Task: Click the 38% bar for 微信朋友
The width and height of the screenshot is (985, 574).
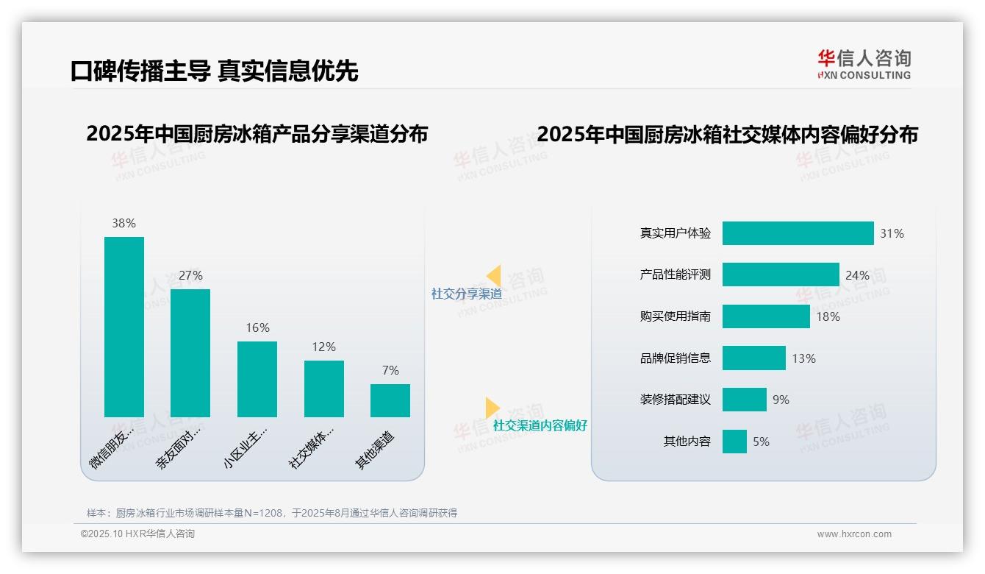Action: pos(124,327)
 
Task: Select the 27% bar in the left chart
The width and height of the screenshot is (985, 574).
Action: pos(190,353)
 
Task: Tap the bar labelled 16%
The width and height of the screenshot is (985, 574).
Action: pos(257,379)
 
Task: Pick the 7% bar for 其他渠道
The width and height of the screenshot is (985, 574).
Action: pos(390,400)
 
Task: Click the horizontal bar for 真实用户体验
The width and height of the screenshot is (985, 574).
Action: pos(798,233)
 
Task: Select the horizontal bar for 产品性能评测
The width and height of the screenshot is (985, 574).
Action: pos(781,274)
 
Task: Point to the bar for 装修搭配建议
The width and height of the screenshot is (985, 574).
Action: pos(744,400)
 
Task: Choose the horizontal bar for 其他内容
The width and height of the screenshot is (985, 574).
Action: pos(734,442)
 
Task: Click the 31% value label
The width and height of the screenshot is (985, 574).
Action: pos(892,233)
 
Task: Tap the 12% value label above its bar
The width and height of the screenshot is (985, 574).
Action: pos(323,347)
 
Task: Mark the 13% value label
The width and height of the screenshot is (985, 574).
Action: pos(803,358)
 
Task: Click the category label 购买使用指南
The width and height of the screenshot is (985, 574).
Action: pos(675,316)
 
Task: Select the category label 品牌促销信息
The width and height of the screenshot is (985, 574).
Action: pos(675,358)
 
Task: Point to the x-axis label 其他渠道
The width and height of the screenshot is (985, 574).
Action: pos(375,450)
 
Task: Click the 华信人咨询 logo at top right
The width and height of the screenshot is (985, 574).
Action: pos(864,65)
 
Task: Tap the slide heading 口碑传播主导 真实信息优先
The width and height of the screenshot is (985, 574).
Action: pos(214,71)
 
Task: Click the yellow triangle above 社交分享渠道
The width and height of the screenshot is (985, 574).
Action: pos(494,276)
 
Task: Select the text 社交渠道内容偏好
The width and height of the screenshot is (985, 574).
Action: pos(540,425)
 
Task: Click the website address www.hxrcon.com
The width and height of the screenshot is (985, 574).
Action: pos(853,534)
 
